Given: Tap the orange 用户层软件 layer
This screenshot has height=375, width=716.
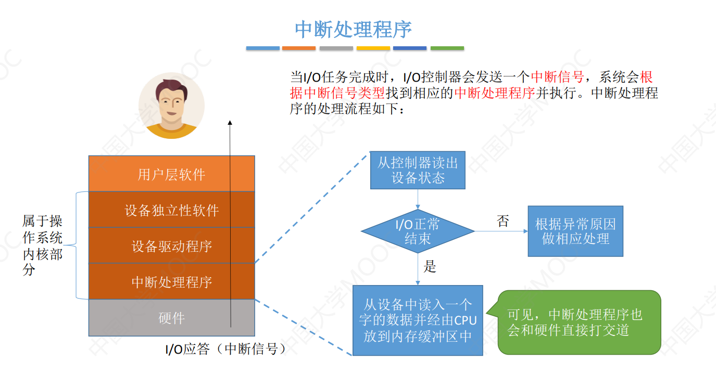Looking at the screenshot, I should click(x=171, y=174).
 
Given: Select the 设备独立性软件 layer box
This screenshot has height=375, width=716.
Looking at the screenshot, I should click(x=171, y=210).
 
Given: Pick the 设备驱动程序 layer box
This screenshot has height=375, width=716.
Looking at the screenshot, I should click(x=171, y=245).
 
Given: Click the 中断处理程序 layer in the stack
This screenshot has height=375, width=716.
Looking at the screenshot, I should click(x=171, y=282).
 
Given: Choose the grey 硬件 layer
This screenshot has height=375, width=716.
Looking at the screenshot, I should click(x=171, y=318).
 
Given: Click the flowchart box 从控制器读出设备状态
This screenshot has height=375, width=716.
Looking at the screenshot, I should click(x=418, y=170).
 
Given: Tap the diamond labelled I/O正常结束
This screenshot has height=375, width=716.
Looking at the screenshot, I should click(x=418, y=231).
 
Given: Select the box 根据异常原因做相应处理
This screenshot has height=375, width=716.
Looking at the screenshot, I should click(x=575, y=231).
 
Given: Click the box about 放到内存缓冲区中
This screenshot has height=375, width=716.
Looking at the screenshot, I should click(x=418, y=320).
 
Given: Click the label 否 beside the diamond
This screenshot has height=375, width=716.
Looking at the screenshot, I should click(x=503, y=222).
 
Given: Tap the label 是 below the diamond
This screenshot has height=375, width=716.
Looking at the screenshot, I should click(x=430, y=267).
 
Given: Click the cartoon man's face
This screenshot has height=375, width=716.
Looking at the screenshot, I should click(x=171, y=101).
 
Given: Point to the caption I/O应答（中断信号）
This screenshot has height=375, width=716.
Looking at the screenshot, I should click(x=225, y=349).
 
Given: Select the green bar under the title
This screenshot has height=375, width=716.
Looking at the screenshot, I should click(x=447, y=48).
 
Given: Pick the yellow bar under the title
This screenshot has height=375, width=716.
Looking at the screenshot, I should click(x=373, y=48).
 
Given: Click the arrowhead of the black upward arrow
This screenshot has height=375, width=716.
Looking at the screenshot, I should click(x=230, y=122).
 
